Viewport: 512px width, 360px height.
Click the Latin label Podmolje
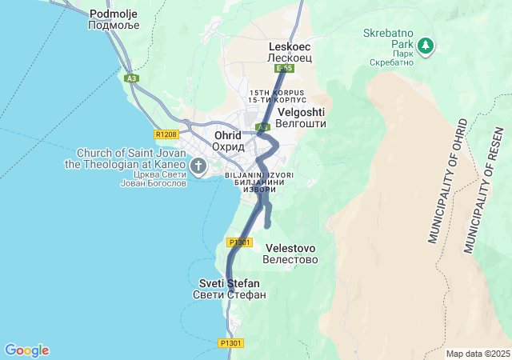(114, 14)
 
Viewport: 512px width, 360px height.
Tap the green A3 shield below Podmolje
(132, 78)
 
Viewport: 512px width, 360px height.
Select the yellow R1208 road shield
(166, 134)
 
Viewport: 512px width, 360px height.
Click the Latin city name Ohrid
(228, 135)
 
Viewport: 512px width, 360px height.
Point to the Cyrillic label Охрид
(228, 147)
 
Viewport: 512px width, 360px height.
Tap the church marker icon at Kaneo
(198, 166)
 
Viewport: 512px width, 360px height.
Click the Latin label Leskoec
(289, 47)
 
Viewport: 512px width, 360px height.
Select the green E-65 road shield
(286, 69)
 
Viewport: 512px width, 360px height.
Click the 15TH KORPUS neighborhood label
(277, 93)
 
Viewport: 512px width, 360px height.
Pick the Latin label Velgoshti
(301, 113)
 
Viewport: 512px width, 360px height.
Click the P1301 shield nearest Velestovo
(239, 242)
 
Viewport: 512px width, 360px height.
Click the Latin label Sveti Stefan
(229, 283)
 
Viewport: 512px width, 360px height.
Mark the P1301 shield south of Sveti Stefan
(231, 343)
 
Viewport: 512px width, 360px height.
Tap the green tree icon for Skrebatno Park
(427, 45)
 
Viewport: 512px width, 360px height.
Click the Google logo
(26, 350)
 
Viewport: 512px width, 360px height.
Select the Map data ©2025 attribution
(478, 354)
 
